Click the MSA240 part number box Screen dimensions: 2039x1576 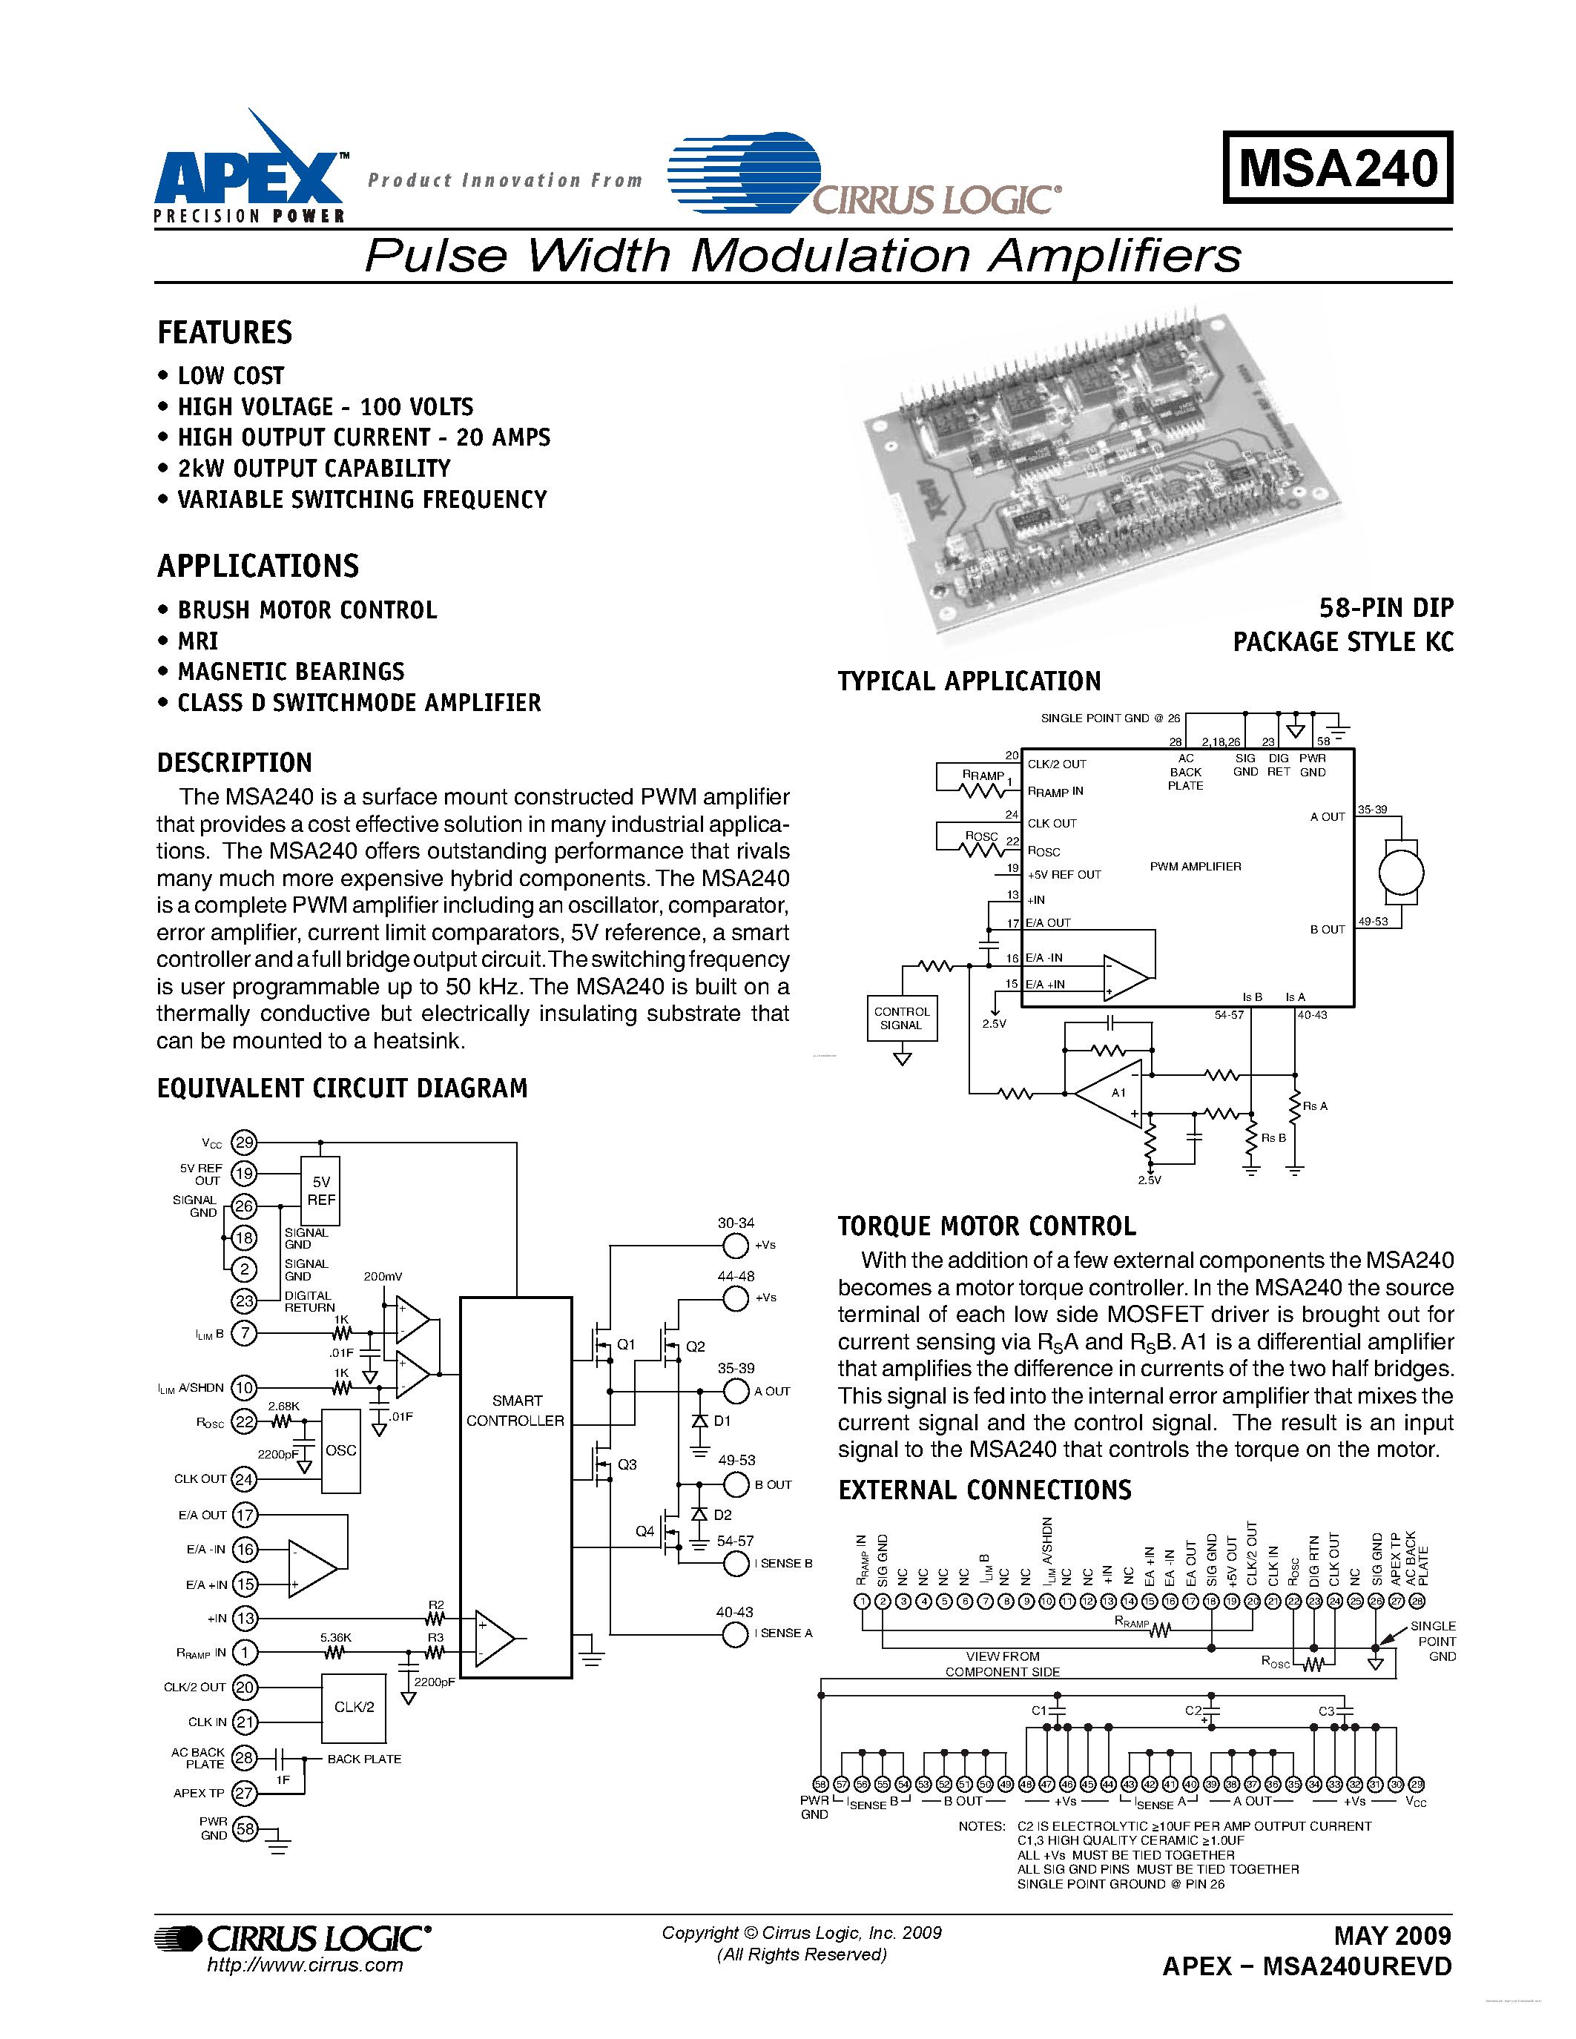(1337, 168)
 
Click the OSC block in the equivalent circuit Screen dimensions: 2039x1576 (340, 1451)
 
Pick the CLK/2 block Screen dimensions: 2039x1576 (354, 1708)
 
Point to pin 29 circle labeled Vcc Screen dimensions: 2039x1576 (244, 1142)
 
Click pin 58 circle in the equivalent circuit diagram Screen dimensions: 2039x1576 (245, 1829)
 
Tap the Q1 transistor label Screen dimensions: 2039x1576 (625, 1344)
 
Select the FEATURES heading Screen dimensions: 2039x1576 (225, 334)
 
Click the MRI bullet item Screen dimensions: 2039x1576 (198, 641)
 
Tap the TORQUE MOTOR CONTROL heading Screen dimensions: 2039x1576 (987, 1226)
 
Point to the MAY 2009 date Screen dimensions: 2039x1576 (1392, 1935)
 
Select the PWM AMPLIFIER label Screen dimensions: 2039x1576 (1195, 866)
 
